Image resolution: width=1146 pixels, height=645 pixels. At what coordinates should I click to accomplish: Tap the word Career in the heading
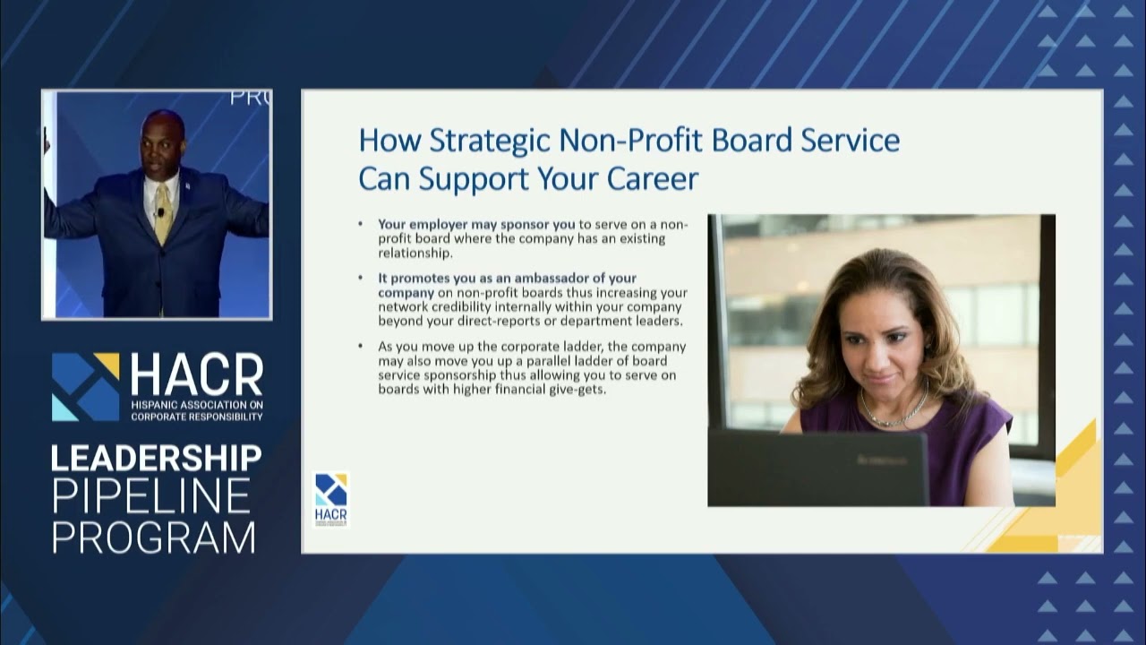pyautogui.click(x=653, y=178)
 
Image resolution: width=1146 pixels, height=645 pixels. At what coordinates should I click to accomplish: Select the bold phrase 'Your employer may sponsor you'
pyautogui.click(x=476, y=224)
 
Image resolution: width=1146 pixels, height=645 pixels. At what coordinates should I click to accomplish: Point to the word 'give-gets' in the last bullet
pyautogui.click(x=576, y=389)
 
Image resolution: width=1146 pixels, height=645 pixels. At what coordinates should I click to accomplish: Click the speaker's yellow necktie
pyautogui.click(x=163, y=213)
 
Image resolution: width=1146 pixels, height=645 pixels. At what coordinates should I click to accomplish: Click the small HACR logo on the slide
pyautogui.click(x=330, y=498)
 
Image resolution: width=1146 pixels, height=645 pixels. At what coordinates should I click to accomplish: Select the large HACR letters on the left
pyautogui.click(x=197, y=375)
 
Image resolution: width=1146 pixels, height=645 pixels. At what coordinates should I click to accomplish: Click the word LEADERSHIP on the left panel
pyautogui.click(x=156, y=458)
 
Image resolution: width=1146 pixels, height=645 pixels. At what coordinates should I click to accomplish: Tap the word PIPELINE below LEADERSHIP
pyautogui.click(x=150, y=496)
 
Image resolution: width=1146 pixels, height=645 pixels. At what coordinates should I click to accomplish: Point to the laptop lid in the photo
pyautogui.click(x=817, y=467)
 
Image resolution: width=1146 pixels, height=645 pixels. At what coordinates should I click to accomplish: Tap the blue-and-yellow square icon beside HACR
pyautogui.click(x=85, y=386)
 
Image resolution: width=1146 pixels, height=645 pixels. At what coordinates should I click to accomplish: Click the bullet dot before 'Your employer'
pyautogui.click(x=361, y=224)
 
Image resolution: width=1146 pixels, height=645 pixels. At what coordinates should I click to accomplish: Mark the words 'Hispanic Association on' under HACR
pyautogui.click(x=197, y=405)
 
